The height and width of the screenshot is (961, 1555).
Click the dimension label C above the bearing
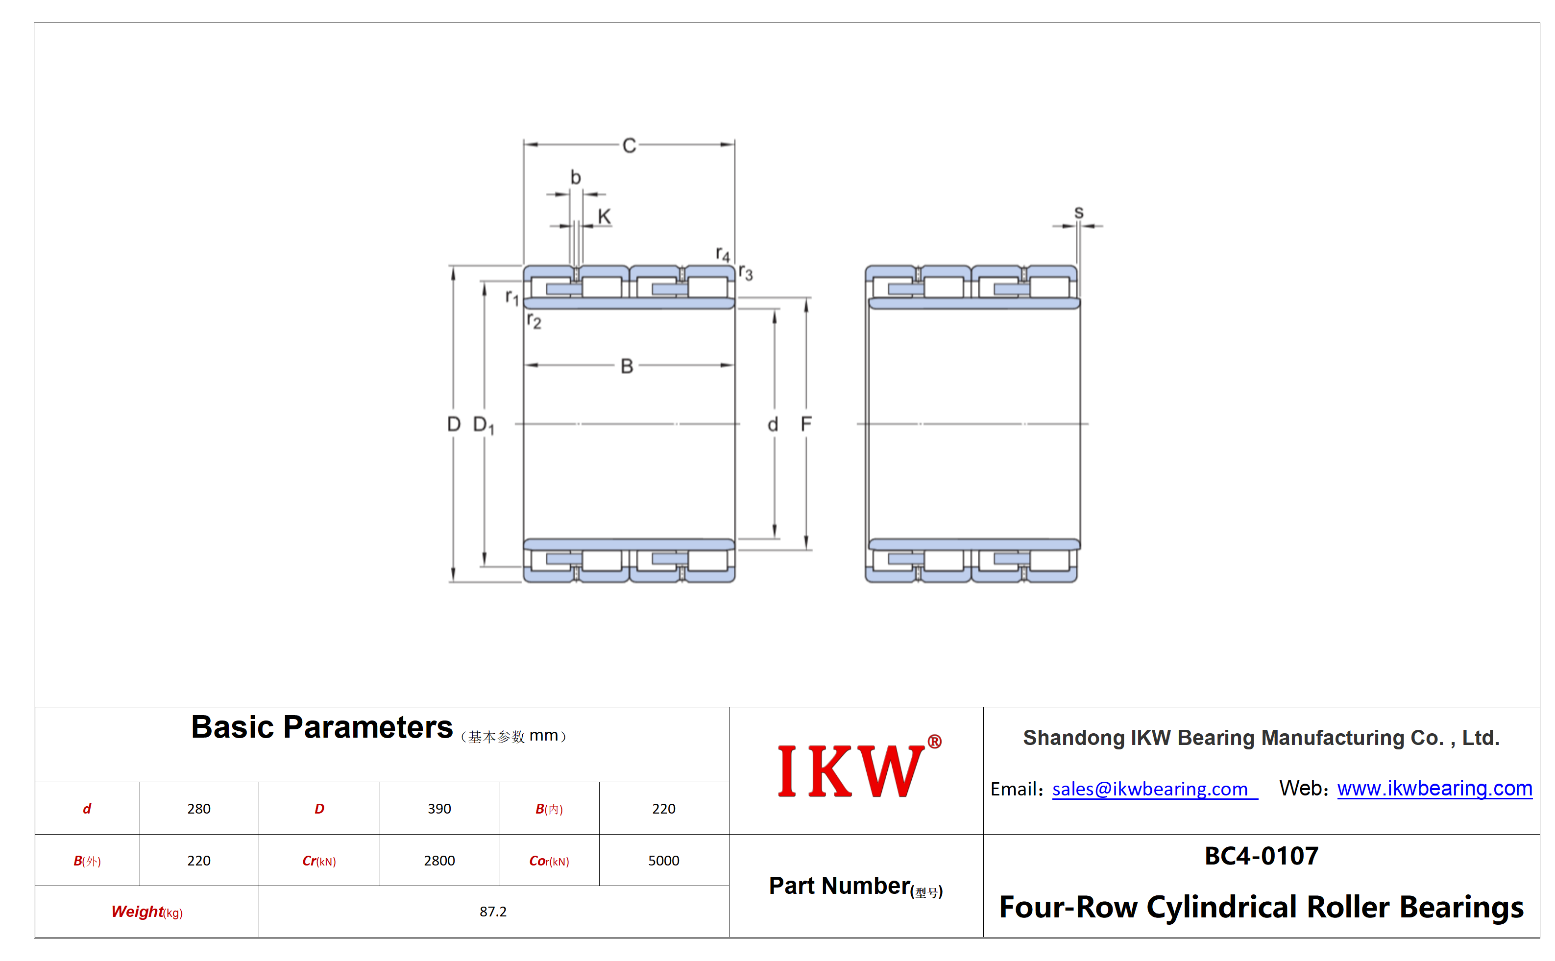[629, 145]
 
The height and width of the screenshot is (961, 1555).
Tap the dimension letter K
[604, 216]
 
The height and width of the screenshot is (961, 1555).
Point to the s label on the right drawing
[1079, 212]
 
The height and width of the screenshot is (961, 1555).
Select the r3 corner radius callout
[746, 273]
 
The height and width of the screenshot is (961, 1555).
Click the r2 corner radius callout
[534, 320]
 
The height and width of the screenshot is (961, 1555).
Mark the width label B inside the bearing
[627, 366]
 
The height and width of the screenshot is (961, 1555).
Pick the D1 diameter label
[484, 425]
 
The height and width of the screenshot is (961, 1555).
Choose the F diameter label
[806, 424]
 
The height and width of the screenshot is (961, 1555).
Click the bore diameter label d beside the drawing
[773, 424]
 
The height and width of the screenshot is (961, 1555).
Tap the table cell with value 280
[199, 809]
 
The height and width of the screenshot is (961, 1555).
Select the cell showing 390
[439, 809]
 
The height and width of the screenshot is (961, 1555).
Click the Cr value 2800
[439, 861]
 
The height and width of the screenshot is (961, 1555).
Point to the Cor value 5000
[664, 861]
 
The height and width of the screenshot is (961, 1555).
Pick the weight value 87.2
[493, 912]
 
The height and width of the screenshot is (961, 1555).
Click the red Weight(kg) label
[147, 912]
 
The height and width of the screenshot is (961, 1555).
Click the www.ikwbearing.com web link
[1435, 788]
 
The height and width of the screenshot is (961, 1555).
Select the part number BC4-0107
[1261, 856]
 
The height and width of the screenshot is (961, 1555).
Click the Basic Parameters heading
[322, 727]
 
